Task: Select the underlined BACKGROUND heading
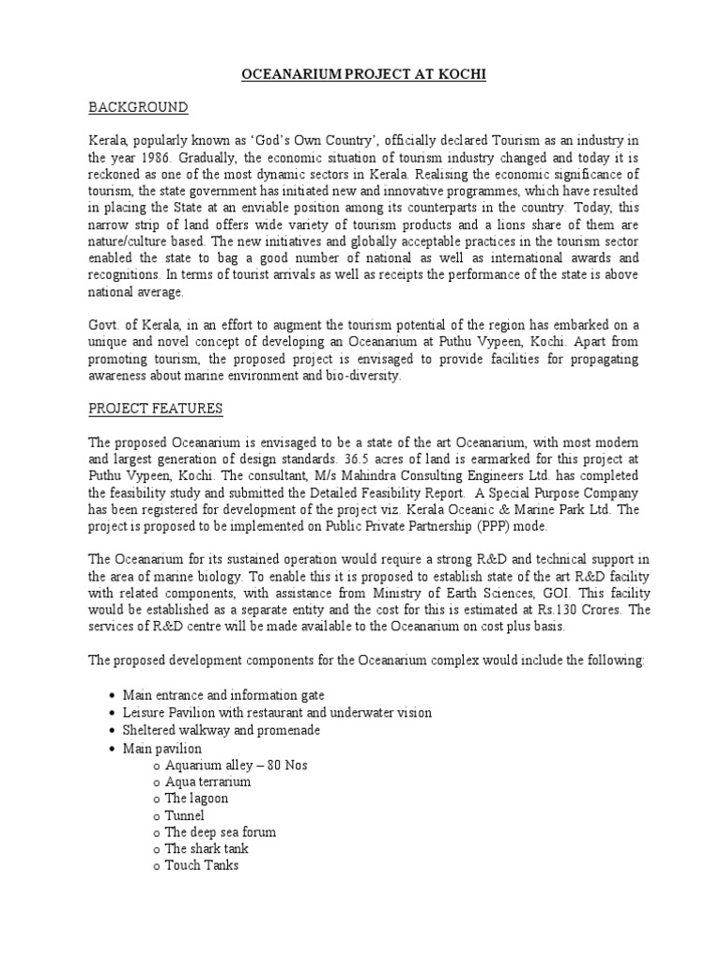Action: (139, 107)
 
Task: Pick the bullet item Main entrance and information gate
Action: (223, 695)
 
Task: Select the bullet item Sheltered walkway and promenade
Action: (222, 730)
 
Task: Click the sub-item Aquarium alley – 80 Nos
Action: (236, 765)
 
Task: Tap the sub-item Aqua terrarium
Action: (207, 782)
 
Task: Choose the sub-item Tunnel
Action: (184, 815)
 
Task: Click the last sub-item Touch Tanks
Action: (202, 866)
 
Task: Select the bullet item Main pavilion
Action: (162, 748)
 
